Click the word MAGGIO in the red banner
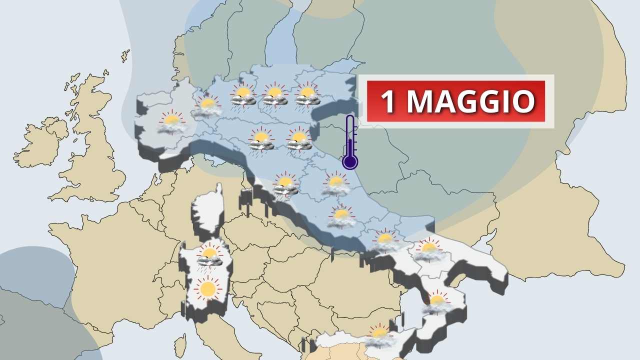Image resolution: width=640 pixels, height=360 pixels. tap(470, 101)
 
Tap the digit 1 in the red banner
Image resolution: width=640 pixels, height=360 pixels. tap(388, 101)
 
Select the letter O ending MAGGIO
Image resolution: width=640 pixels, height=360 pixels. tap(523, 101)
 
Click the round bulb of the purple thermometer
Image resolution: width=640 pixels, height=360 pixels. tap(350, 161)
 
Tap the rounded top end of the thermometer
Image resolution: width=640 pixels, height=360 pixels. tap(350, 118)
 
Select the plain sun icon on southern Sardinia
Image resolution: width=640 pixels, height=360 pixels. tap(207, 288)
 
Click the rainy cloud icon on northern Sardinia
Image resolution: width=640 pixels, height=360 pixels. tap(209, 256)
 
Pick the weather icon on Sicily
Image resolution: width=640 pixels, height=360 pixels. tap(379, 336)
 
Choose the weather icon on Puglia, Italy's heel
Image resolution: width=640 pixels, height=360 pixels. tap(428, 250)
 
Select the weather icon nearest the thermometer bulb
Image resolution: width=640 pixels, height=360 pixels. tap(335, 184)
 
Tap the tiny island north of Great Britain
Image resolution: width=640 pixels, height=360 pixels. tap(125, 55)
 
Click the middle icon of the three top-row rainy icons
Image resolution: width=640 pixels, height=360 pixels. tap(274, 95)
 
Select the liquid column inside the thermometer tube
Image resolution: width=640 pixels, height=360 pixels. tap(350, 145)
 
